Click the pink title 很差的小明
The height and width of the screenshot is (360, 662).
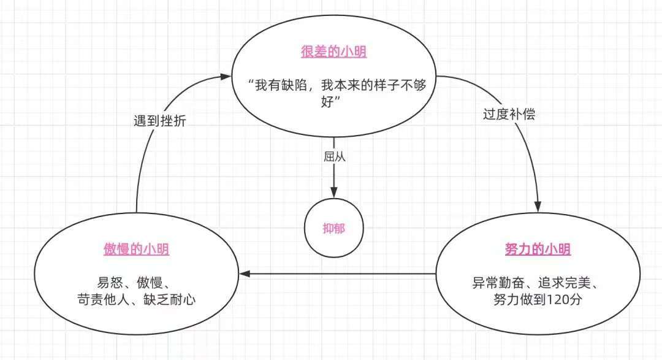333,52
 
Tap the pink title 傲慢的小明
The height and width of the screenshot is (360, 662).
136,250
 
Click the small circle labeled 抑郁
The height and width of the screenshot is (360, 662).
333,228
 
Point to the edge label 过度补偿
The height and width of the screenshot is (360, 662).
508,114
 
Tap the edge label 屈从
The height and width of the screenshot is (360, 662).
334,156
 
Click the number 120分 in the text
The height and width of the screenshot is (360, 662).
560,300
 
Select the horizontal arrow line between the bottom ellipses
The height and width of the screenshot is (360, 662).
343,274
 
